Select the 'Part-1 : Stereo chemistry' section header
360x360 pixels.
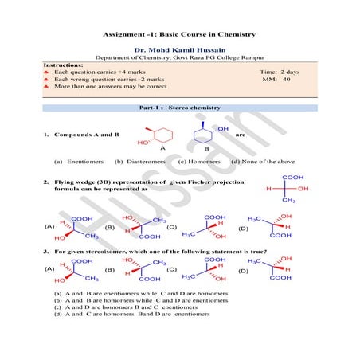click(x=179, y=107)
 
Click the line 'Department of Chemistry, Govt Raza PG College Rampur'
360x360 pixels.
click(x=179, y=58)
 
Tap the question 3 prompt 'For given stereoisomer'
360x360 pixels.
click(x=159, y=252)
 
